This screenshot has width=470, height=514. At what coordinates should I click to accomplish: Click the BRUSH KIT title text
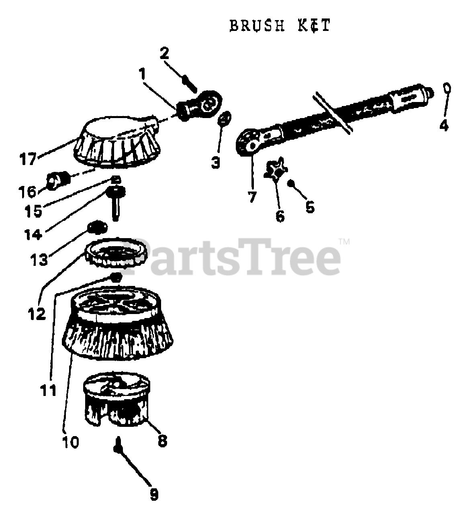click(280, 25)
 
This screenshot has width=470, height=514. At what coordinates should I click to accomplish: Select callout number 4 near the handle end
click(443, 125)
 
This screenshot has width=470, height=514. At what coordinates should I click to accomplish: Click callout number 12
click(37, 313)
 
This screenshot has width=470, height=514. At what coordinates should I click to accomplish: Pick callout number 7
click(252, 198)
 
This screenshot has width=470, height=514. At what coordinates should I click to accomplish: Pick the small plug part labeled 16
click(56, 181)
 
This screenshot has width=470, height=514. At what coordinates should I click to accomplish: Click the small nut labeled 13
click(97, 228)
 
